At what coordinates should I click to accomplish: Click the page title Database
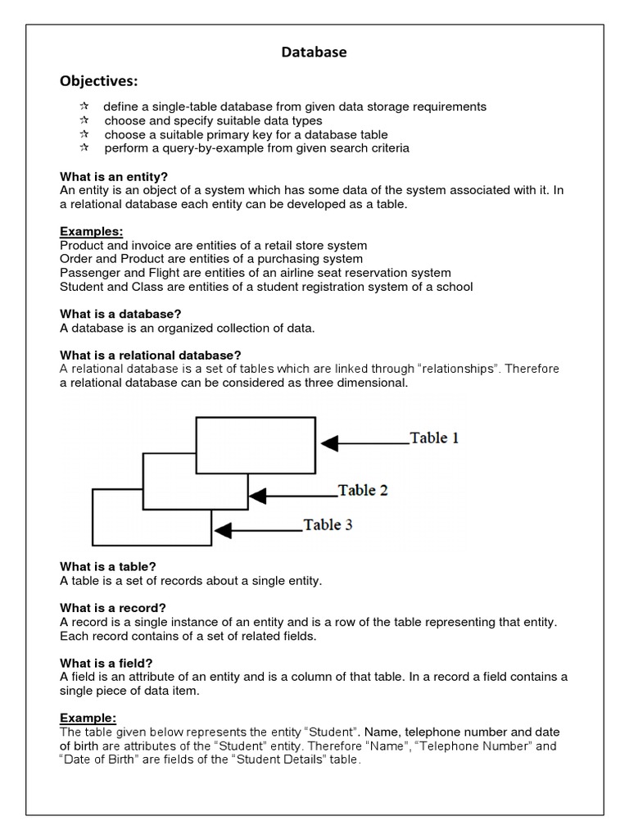(314, 52)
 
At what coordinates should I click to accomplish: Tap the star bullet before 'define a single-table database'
(84, 107)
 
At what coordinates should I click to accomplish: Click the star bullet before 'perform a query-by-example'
(84, 148)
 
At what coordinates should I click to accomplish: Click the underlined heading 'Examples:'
(92, 232)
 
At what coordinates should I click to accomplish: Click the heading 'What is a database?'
(120, 314)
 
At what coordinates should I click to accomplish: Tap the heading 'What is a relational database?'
(151, 355)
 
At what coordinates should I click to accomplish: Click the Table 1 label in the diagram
(434, 438)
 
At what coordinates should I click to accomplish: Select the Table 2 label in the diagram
(363, 490)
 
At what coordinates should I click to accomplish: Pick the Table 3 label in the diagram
(328, 524)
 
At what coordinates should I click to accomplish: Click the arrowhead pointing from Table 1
(329, 443)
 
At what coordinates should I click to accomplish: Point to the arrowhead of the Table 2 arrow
(258, 496)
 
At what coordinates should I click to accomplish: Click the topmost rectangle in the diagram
(256, 445)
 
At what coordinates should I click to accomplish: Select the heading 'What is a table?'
(108, 566)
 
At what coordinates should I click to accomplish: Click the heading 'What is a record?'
(113, 608)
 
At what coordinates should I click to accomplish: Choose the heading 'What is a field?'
(106, 662)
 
